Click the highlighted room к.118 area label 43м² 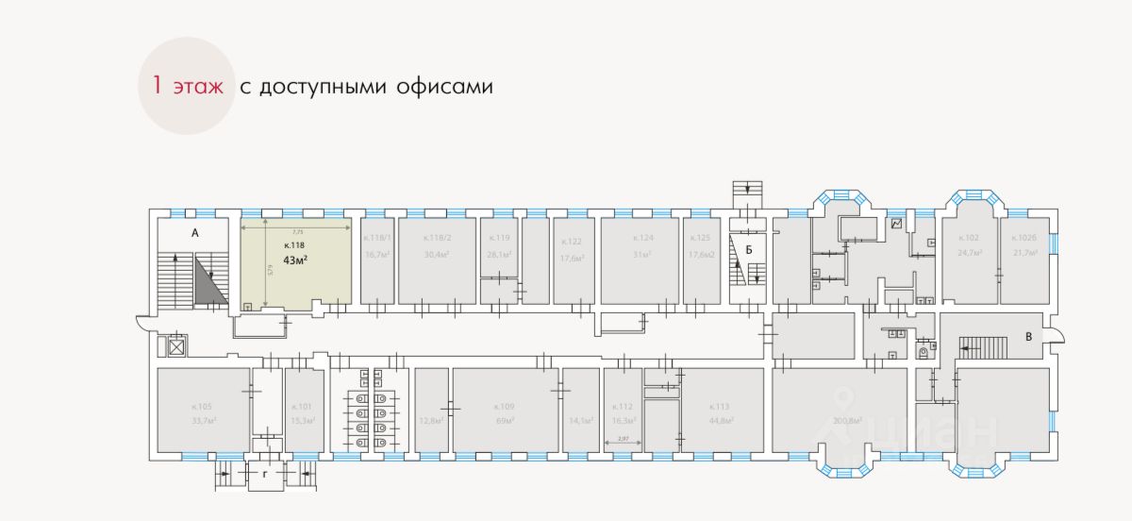tap(297, 260)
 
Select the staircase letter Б tap(748, 250)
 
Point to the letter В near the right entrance tap(1029, 335)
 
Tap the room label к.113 tap(722, 408)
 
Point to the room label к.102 tap(969, 239)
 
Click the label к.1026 tap(1024, 239)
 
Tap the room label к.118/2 tap(437, 239)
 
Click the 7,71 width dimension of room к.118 tap(297, 230)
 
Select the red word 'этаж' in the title tap(197, 87)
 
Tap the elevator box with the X tap(175, 347)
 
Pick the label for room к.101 tap(304, 408)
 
